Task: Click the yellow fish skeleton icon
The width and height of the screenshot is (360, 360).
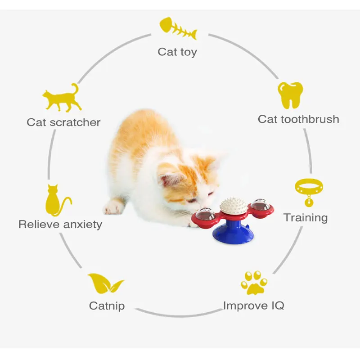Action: (178, 29)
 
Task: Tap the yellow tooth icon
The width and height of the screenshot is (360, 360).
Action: (290, 95)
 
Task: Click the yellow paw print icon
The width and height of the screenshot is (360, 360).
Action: (253, 282)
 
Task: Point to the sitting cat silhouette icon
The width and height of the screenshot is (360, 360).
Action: (57, 201)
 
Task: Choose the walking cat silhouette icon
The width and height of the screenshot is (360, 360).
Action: (61, 98)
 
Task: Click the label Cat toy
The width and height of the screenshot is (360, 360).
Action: (177, 52)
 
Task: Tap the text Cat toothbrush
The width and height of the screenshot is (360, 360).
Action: (298, 119)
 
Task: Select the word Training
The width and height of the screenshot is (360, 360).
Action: (306, 218)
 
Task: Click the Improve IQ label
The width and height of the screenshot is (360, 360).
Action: (254, 306)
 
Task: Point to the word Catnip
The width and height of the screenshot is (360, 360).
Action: (107, 306)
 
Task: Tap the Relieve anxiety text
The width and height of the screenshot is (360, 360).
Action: (60, 224)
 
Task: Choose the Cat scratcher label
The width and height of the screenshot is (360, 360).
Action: (63, 122)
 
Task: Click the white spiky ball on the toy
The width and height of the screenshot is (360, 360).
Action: (233, 206)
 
